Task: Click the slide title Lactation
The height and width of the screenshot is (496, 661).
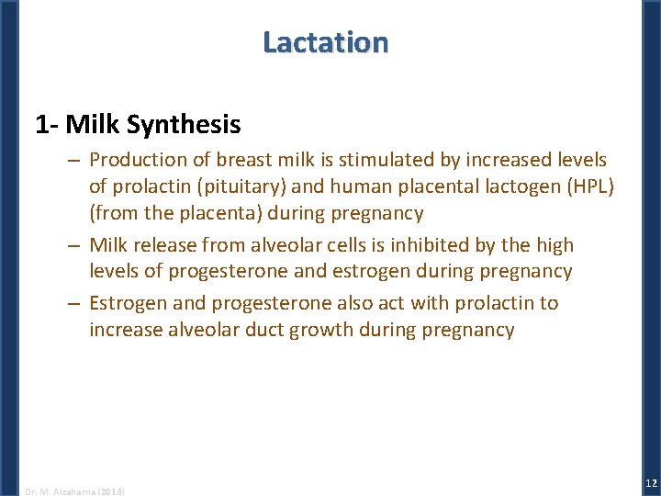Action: tap(325, 42)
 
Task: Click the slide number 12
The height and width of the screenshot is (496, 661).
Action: tap(649, 483)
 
